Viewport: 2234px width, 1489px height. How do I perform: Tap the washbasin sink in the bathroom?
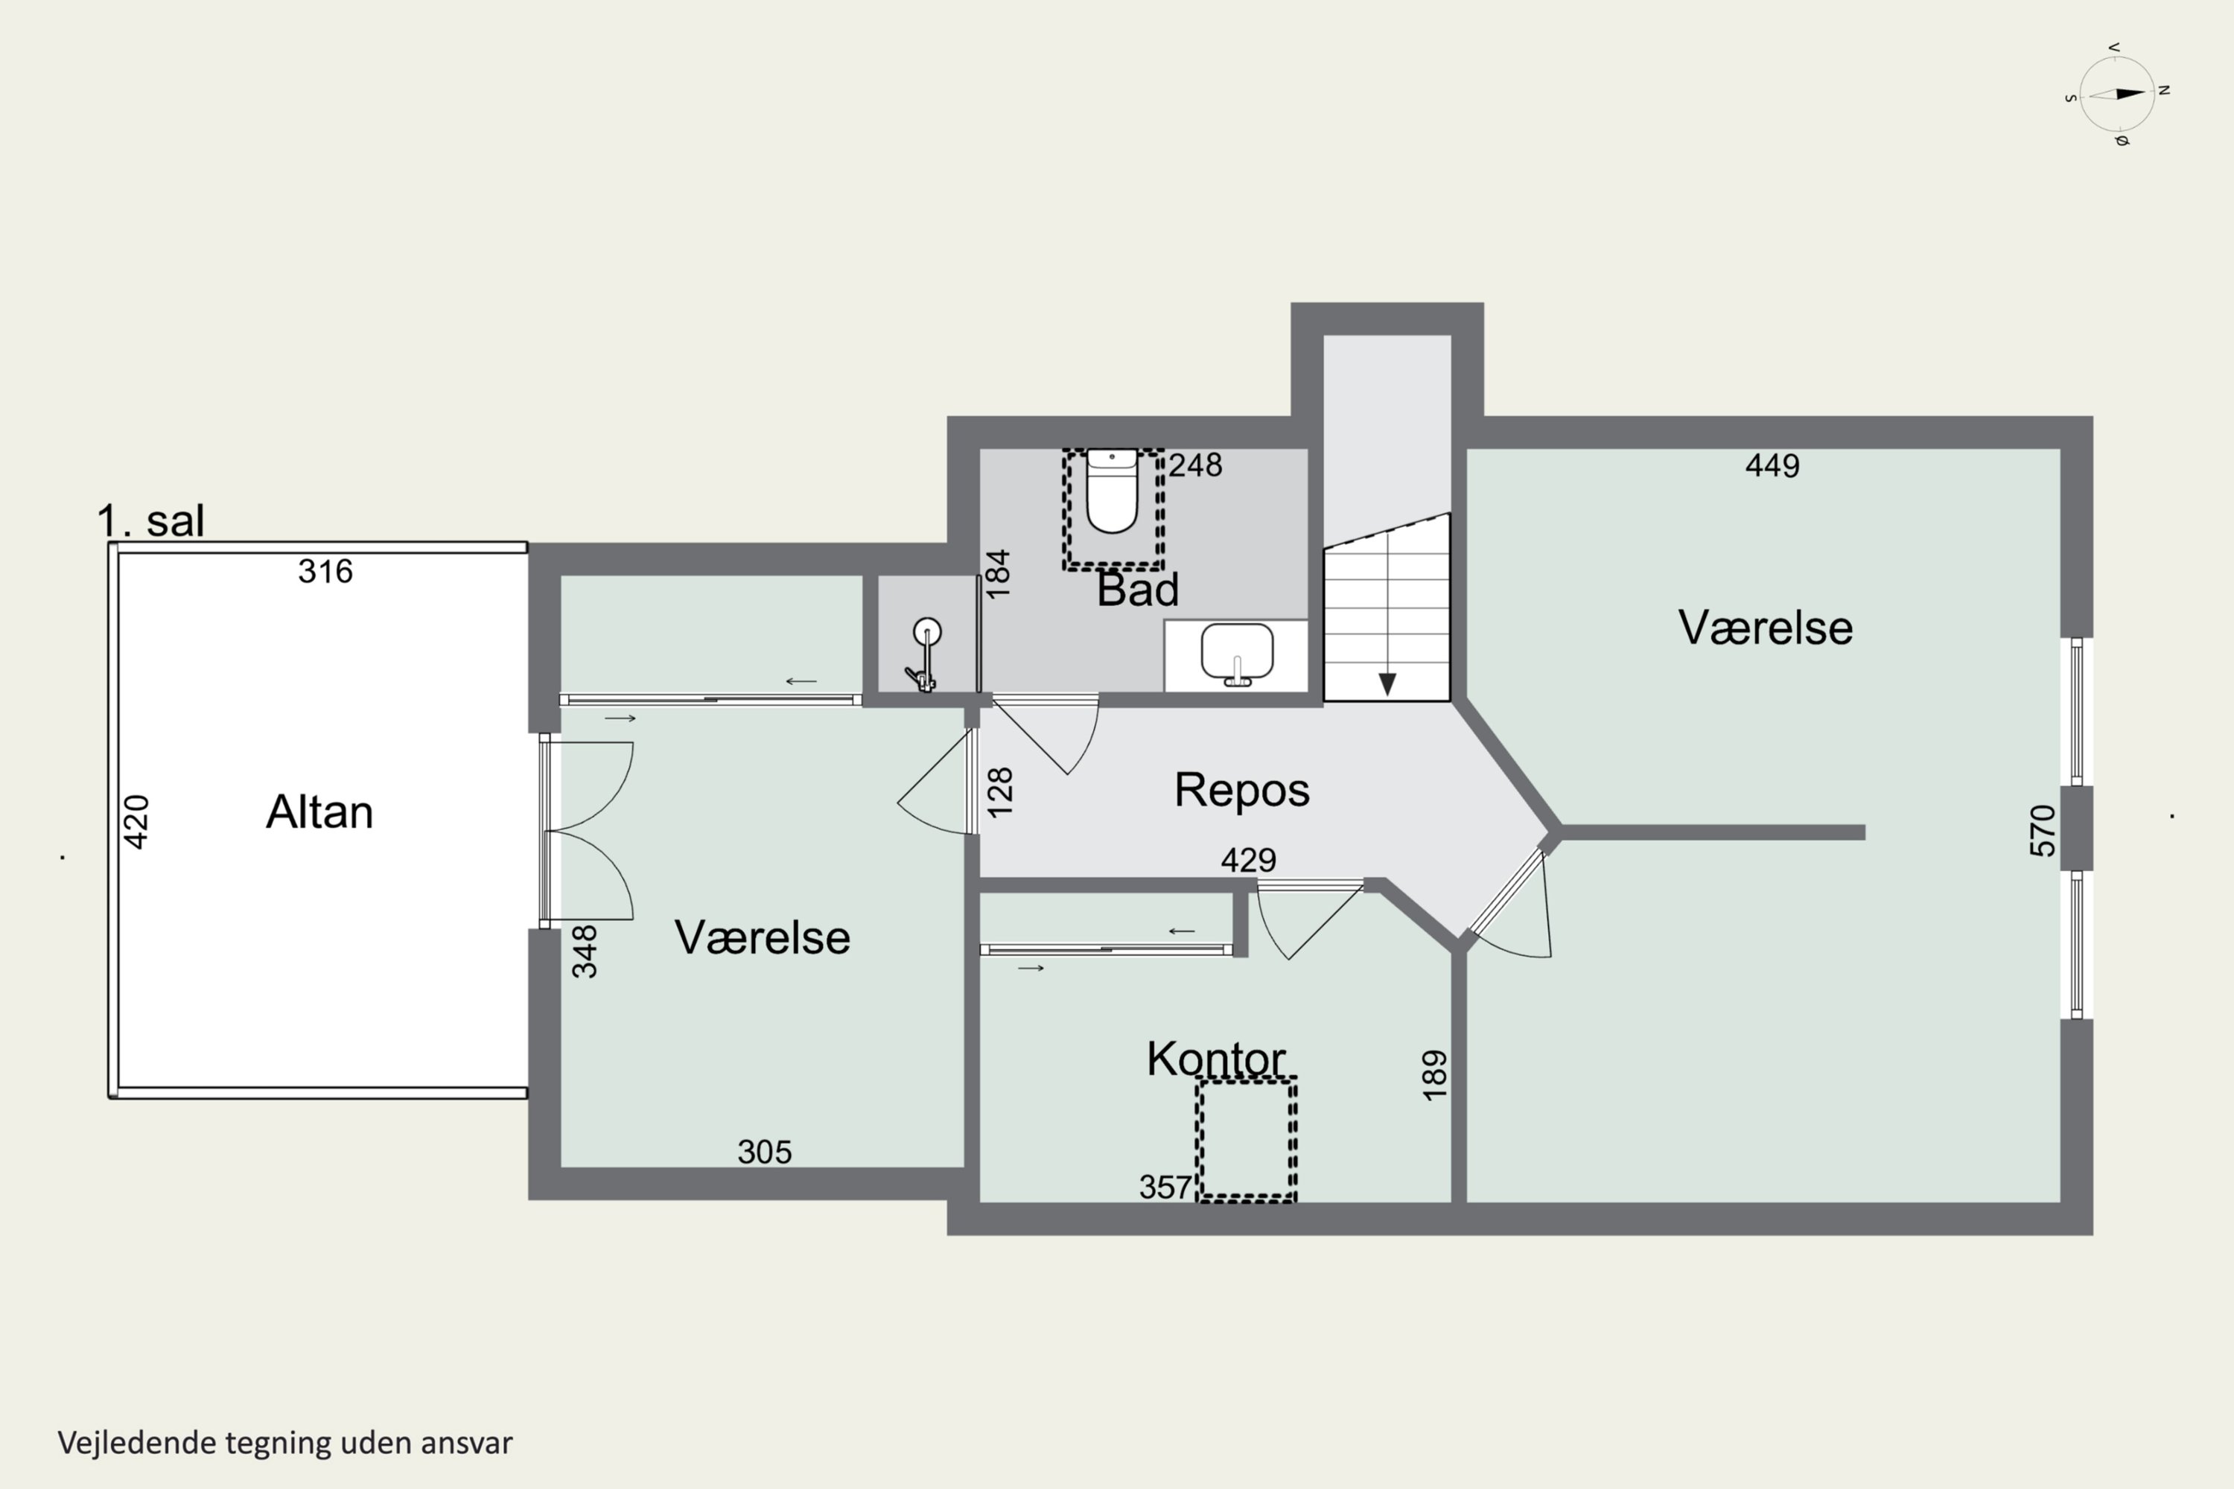coord(1237,654)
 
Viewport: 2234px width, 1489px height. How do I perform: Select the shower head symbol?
coord(927,631)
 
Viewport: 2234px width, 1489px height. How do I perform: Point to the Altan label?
coord(319,812)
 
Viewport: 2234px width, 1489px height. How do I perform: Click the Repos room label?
coord(1241,790)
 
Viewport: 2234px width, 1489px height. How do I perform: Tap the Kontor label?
coord(1216,1059)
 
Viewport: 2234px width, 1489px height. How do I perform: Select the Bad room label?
coord(1138,590)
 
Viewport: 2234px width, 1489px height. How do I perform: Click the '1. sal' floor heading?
coord(150,520)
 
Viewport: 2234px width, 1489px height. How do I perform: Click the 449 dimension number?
coord(1772,465)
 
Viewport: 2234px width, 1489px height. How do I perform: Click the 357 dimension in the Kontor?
coord(1165,1187)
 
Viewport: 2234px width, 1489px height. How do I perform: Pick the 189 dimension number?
coord(1434,1075)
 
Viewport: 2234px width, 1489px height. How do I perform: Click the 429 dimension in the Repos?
coord(1248,861)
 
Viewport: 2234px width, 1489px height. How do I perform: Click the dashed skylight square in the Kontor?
coord(1246,1140)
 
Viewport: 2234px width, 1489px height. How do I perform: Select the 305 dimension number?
coord(765,1152)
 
